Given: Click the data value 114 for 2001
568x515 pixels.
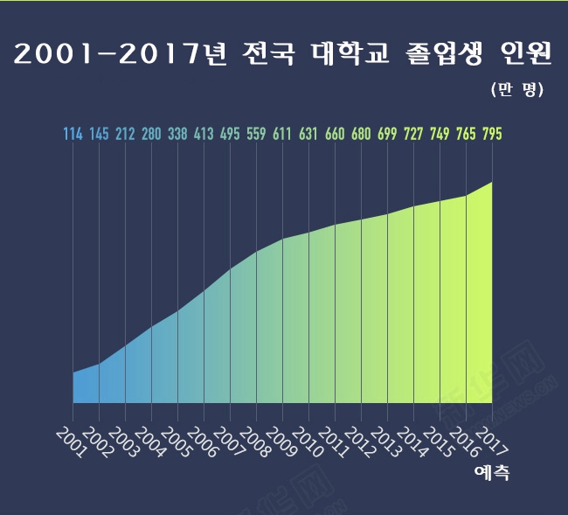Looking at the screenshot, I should [x=73, y=135].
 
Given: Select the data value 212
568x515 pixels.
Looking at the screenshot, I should [x=125, y=135].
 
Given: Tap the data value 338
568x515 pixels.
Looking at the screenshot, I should [x=177, y=135].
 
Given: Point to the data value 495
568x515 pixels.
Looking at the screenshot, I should [x=230, y=135].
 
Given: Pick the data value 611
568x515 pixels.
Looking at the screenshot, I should [x=282, y=135].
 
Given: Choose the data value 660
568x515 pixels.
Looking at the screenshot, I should [x=335, y=135].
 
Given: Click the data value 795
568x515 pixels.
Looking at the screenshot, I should [x=491, y=135].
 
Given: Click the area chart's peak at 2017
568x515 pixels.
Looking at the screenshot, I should [x=492, y=183].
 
